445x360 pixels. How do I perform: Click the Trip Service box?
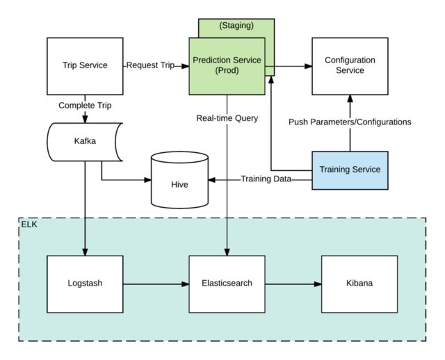[x=85, y=66]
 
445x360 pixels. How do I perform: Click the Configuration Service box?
[x=349, y=66]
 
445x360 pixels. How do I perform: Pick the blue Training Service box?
[x=349, y=169]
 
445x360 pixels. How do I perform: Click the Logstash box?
[x=85, y=284]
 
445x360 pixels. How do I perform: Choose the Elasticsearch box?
[x=227, y=284]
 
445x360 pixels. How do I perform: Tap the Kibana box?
[x=359, y=284]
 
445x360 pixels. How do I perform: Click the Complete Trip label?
[x=85, y=106]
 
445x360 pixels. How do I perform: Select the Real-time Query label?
[x=227, y=118]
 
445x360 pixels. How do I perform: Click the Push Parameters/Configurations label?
[x=350, y=122]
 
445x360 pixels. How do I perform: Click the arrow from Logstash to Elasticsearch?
[x=156, y=284]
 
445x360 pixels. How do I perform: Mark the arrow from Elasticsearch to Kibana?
[x=293, y=284]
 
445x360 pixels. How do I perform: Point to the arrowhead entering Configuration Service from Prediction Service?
[x=307, y=67]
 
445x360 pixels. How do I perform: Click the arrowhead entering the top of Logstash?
[x=85, y=252]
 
